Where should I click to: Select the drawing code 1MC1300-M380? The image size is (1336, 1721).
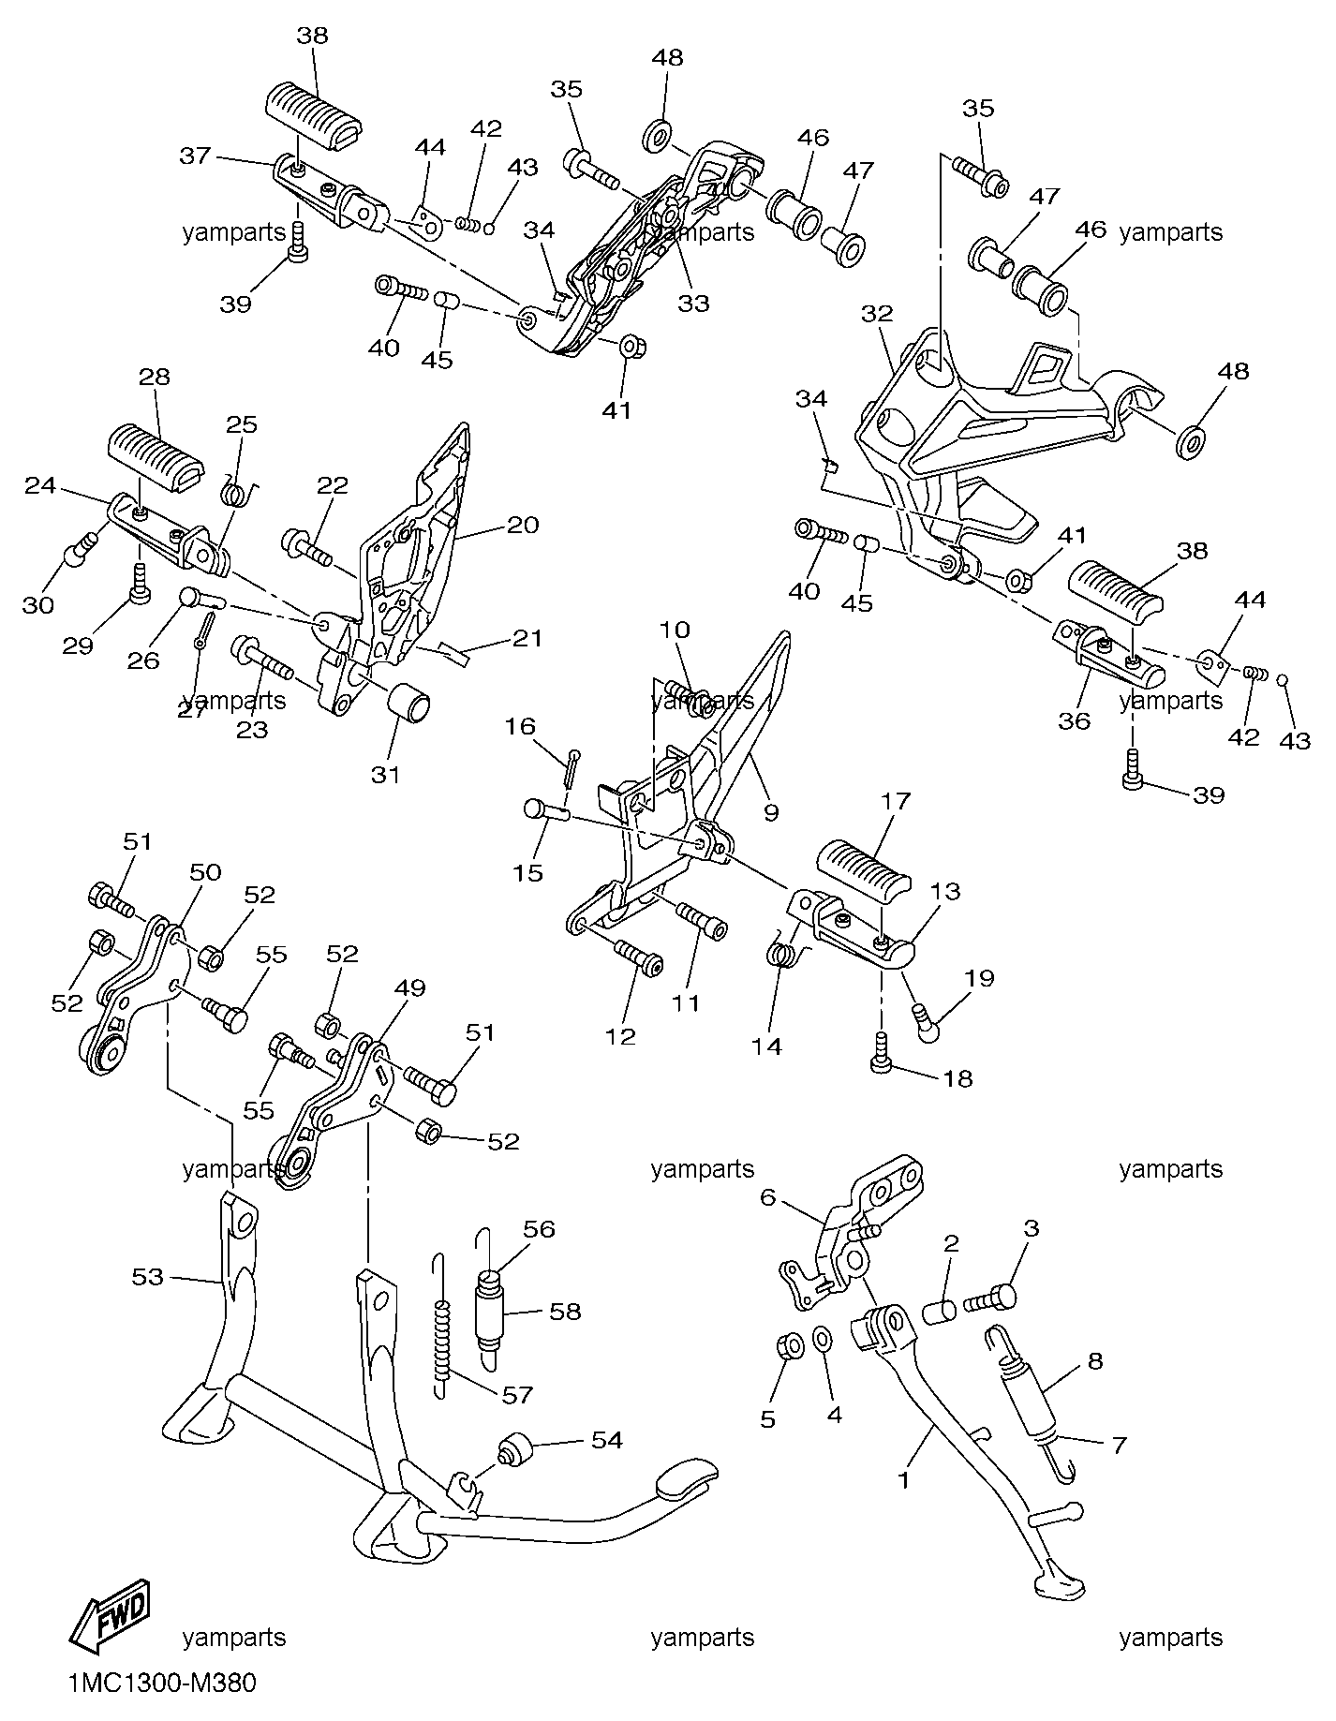coord(161,1684)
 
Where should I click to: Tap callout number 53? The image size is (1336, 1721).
coord(148,1277)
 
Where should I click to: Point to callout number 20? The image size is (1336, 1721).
coord(523,525)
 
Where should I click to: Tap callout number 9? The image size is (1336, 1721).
coord(770,812)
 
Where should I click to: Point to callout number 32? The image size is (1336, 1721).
coord(878,314)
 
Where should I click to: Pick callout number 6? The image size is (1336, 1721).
coord(768,1196)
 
